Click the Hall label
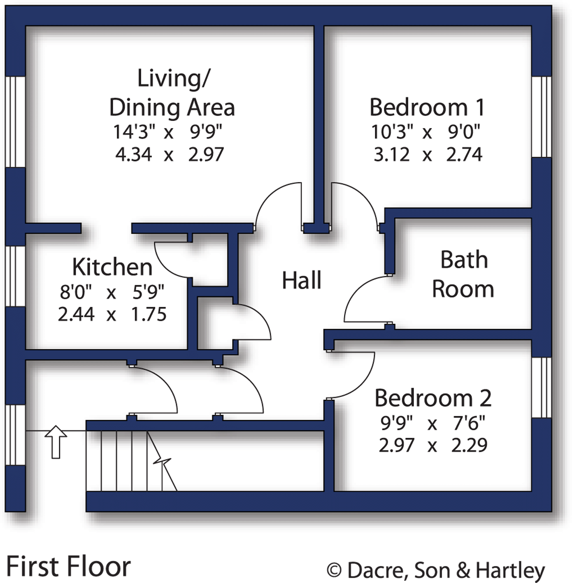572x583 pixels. (x=301, y=281)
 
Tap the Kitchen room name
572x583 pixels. (x=112, y=267)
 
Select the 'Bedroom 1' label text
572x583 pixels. (x=427, y=107)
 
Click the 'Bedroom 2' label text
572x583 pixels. (x=432, y=398)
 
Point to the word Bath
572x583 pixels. (x=464, y=260)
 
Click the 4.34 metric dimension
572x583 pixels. (x=133, y=155)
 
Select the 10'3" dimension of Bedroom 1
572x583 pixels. (x=392, y=132)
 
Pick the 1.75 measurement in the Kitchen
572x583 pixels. (x=149, y=314)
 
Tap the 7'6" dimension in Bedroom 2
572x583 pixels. (x=469, y=423)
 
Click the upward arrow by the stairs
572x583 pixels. (x=56, y=442)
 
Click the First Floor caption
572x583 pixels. (x=68, y=567)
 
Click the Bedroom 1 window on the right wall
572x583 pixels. (x=541, y=117)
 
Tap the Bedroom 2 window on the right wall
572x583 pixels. (x=541, y=387)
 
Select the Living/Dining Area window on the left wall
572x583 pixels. (x=16, y=122)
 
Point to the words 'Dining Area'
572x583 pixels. (x=172, y=108)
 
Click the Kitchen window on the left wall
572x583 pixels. (x=16, y=276)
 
